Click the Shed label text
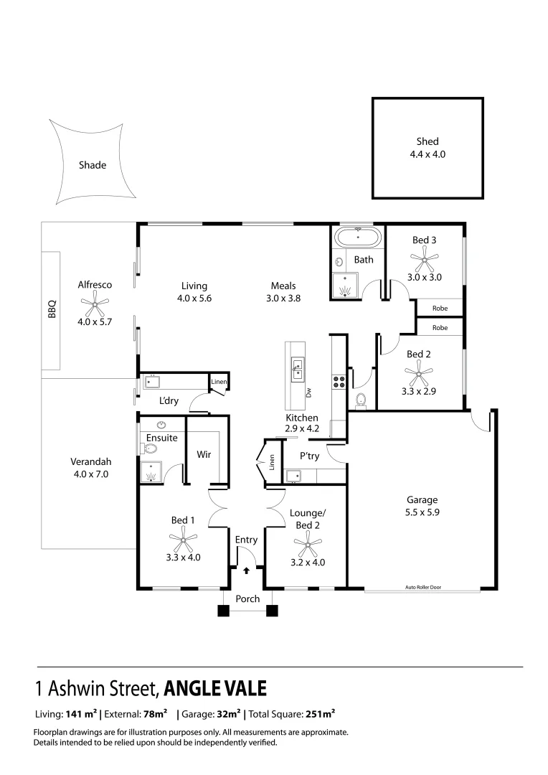[x=427, y=141]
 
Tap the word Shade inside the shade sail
[x=93, y=165]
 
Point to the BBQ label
[x=52, y=309]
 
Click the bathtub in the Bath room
[x=358, y=237]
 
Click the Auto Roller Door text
[x=422, y=587]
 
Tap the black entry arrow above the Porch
[x=247, y=571]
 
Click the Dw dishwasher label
[x=310, y=392]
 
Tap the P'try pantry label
[x=309, y=456]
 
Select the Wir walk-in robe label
[x=203, y=454]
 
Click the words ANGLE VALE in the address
[x=215, y=688]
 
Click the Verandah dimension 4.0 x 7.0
[x=90, y=474]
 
